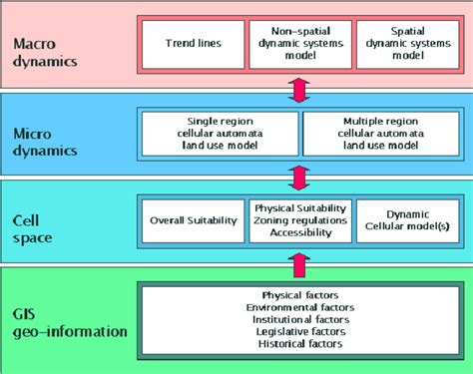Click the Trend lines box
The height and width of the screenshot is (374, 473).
click(x=193, y=45)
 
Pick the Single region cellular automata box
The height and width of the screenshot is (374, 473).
click(x=220, y=133)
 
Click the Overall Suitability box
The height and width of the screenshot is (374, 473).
click(x=193, y=219)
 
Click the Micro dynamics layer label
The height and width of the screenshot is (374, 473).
click(x=45, y=142)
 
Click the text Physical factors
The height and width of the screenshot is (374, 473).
click(x=299, y=295)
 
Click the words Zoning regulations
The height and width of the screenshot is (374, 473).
click(x=299, y=219)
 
